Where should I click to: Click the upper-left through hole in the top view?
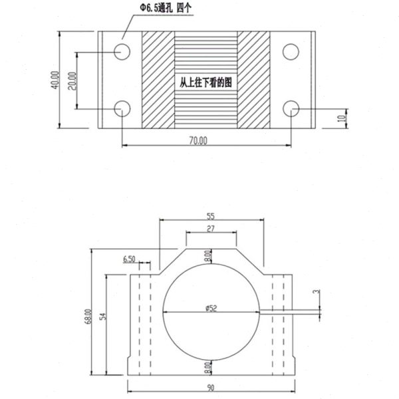pos(122,51)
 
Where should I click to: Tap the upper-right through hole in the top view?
pos(291,51)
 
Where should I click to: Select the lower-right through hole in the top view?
pos(291,108)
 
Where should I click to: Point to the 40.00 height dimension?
pos(55,80)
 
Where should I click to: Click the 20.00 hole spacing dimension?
pos(72,80)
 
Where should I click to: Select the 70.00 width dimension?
pos(198,140)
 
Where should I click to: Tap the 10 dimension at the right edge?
pos(342,118)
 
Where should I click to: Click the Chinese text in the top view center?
pos(205,83)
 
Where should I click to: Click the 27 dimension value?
pos(210,229)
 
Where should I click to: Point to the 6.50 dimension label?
pos(129,258)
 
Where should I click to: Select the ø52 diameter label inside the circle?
pos(209,308)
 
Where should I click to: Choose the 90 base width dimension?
pos(211,388)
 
